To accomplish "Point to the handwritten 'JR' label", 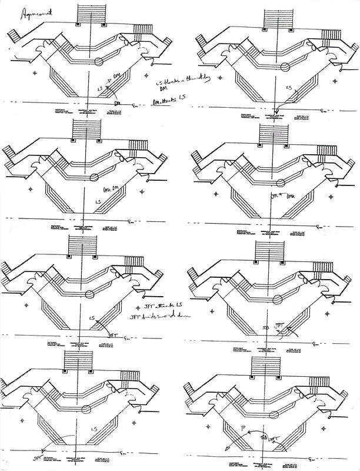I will point(275,195).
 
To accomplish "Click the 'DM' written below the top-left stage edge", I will point(117,102).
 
